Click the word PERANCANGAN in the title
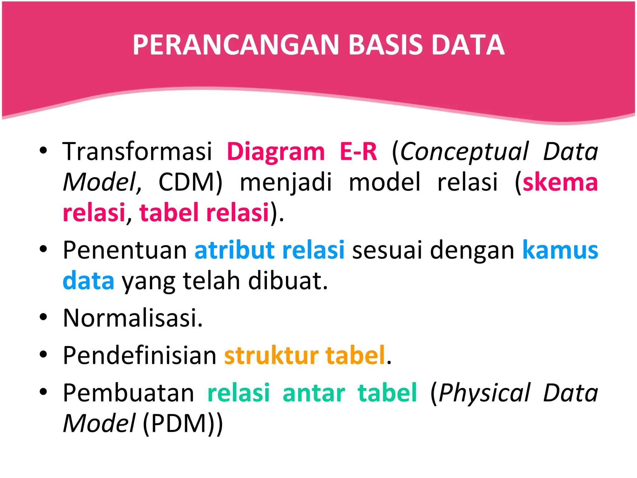235,45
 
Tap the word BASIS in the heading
385,45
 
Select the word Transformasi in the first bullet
137,152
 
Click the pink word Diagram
276,152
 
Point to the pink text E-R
358,152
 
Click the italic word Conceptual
464,152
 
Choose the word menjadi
286,182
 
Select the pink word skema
560,182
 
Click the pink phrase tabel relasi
204,213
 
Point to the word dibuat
288,281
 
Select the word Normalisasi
133,318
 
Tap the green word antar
314,393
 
